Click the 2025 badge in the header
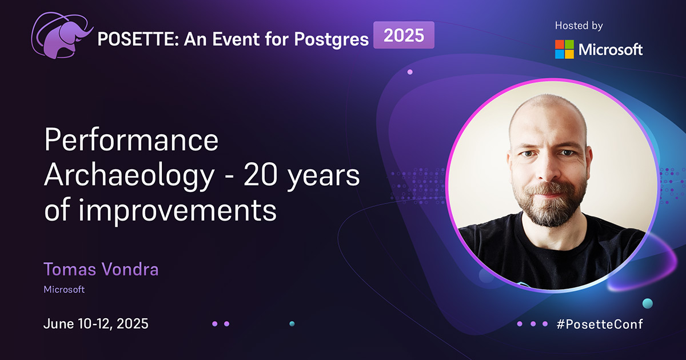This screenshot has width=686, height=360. [x=404, y=35]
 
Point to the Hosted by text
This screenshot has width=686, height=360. [x=579, y=26]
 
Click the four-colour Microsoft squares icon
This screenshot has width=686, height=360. [x=564, y=49]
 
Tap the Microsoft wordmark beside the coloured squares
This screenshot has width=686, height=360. [x=611, y=50]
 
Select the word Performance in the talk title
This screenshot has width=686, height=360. [x=131, y=141]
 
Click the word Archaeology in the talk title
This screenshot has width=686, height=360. [x=127, y=177]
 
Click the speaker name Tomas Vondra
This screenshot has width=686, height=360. [x=101, y=269]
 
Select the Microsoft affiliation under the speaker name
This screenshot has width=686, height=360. [x=64, y=290]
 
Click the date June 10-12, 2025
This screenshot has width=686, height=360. [x=95, y=323]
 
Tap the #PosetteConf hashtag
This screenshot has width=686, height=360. [x=599, y=324]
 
